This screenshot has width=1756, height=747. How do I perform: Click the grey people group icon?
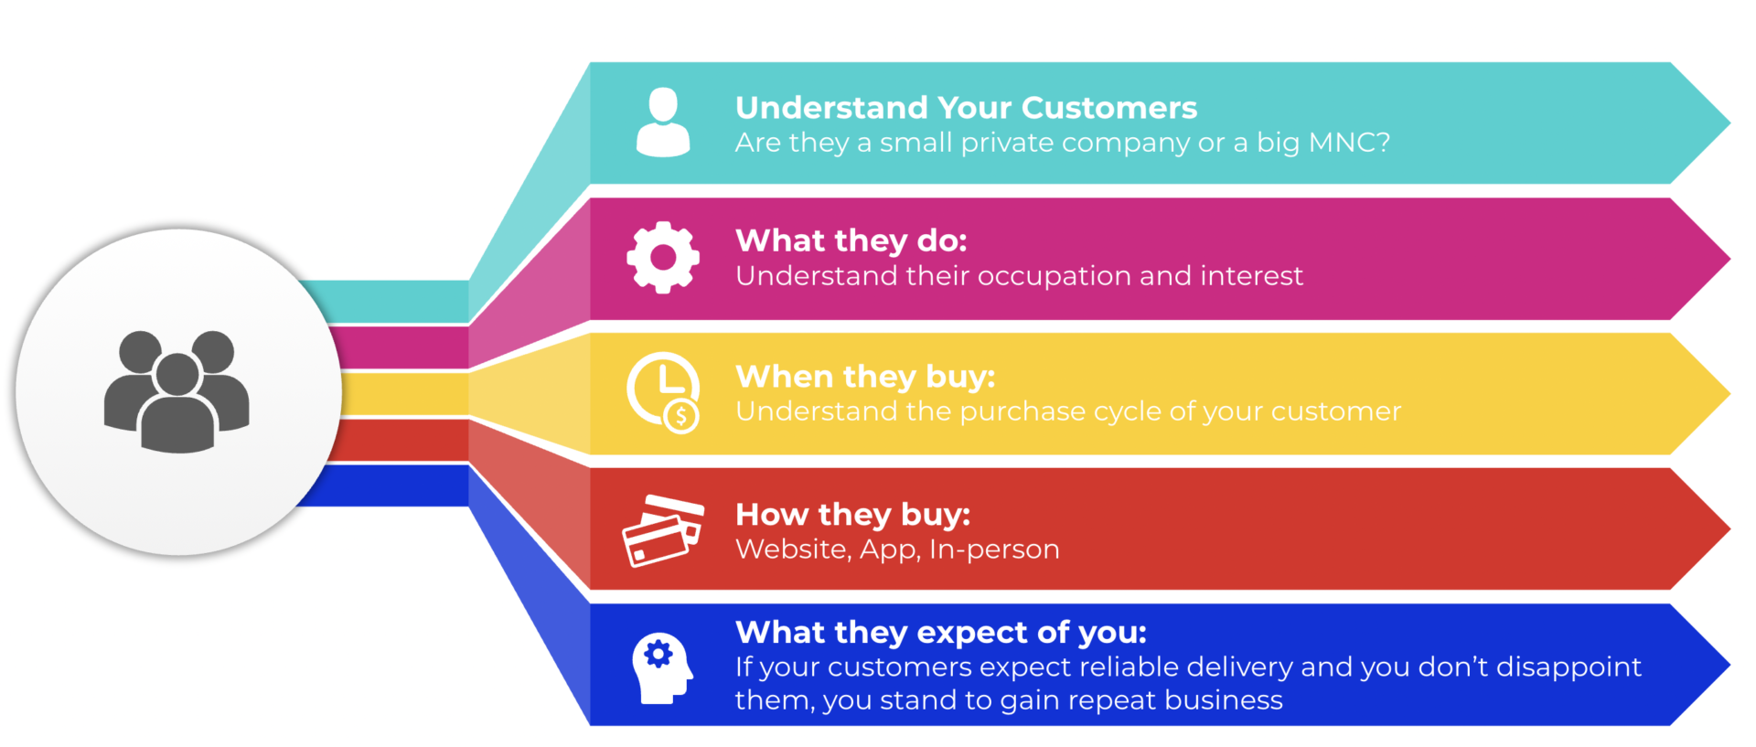177,391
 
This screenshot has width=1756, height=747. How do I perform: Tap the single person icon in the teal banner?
663,123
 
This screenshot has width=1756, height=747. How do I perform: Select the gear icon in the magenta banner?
663,257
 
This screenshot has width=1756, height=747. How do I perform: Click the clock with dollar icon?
664,392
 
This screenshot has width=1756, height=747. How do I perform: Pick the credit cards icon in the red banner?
663,530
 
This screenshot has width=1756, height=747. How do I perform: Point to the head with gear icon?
662,668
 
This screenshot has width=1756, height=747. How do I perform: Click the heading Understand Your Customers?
966,108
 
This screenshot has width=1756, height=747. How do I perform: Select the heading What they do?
851,240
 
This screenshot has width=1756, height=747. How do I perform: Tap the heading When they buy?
865,377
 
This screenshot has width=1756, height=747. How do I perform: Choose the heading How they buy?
852,515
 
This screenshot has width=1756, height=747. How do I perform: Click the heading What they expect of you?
941,632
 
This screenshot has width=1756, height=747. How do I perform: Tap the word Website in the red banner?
793,550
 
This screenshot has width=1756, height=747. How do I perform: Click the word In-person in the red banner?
994,550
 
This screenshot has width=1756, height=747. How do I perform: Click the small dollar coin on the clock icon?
681,417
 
